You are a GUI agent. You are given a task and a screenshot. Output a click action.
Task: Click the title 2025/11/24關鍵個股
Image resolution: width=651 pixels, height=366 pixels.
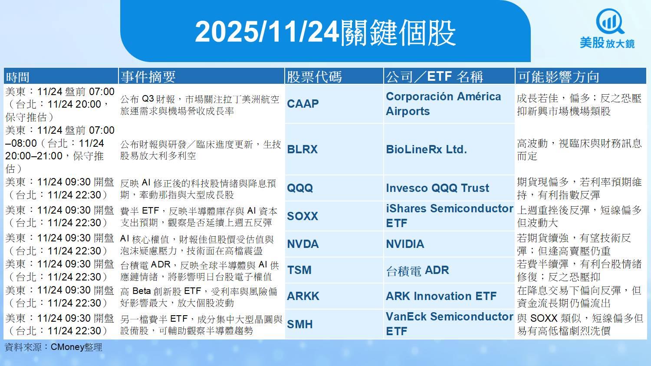pos(325,33)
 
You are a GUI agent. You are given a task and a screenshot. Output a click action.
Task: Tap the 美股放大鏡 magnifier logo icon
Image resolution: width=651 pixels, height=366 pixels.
pos(610,22)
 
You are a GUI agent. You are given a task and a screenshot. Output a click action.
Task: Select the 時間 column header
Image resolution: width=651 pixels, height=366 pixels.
pos(17,77)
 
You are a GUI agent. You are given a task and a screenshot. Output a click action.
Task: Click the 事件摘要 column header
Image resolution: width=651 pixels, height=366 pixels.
pos(148,77)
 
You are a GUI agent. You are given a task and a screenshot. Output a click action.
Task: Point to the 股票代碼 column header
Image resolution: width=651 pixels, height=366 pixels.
pos(314,77)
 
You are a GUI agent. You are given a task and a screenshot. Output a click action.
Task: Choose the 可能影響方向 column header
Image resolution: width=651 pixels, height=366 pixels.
pos(558,77)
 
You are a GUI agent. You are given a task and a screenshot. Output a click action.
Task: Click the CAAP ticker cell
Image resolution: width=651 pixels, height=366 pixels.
pos(303,104)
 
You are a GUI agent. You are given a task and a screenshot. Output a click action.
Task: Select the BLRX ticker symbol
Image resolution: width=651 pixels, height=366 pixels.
pos(302,149)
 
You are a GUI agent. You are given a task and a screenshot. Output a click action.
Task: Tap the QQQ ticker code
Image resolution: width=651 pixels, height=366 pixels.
pos(300,188)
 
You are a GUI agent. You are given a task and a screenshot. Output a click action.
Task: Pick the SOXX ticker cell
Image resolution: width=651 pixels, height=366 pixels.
pos(302,216)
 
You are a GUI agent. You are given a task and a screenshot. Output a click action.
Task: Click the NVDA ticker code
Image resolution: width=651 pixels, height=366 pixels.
pos(303,244)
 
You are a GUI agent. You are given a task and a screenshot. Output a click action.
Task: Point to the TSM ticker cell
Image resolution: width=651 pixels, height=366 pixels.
pos(299,270)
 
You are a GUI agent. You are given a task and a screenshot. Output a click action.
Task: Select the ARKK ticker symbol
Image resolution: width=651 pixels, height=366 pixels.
pos(303,296)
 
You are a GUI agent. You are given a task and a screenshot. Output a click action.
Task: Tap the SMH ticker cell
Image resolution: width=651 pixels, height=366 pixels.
pos(299,324)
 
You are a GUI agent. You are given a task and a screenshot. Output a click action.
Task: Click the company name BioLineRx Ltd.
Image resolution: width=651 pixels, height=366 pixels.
pos(426,149)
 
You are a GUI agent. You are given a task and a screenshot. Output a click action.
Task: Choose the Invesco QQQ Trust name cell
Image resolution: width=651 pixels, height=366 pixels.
pos(437,188)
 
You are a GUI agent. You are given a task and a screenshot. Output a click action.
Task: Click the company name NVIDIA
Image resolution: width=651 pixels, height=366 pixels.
pos(405,244)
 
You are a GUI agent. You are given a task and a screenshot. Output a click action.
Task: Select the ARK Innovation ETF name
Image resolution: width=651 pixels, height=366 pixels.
pos(441,296)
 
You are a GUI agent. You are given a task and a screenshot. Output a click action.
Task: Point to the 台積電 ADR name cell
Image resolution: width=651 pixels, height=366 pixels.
pos(418,270)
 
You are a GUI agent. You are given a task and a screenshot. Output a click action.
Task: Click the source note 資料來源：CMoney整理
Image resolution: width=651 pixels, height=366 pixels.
pos(53,347)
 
